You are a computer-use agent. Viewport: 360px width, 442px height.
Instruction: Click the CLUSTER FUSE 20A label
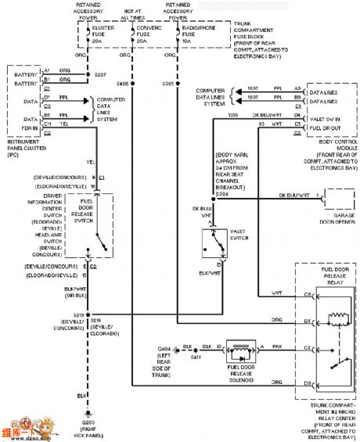(x=104, y=34)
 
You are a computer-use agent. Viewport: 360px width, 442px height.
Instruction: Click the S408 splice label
(x=123, y=82)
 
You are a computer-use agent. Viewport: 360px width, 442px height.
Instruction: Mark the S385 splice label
(x=168, y=82)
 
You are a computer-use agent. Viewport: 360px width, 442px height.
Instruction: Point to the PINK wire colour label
(x=279, y=343)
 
